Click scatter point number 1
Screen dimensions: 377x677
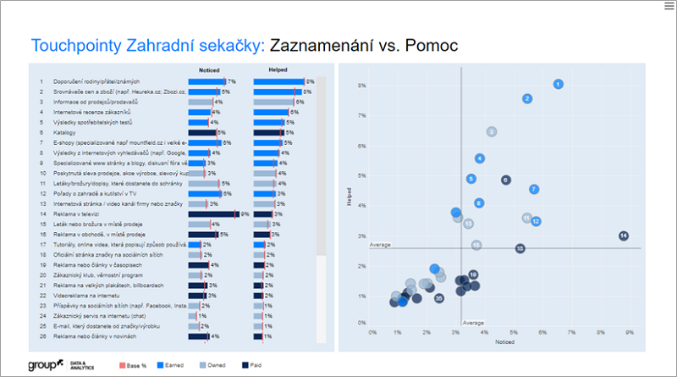(559, 84)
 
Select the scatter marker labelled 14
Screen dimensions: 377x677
(623, 236)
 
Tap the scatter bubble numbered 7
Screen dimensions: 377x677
(534, 189)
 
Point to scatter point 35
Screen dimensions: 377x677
(439, 298)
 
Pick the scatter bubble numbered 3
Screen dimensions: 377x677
(492, 131)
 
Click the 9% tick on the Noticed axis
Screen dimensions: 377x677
(630, 332)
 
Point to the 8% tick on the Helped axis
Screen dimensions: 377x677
(361, 85)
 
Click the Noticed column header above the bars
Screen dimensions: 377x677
(209, 70)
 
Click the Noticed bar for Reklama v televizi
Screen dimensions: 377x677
(213, 214)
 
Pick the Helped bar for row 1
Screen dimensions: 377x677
(278, 81)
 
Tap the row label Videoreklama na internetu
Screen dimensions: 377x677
(90, 296)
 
